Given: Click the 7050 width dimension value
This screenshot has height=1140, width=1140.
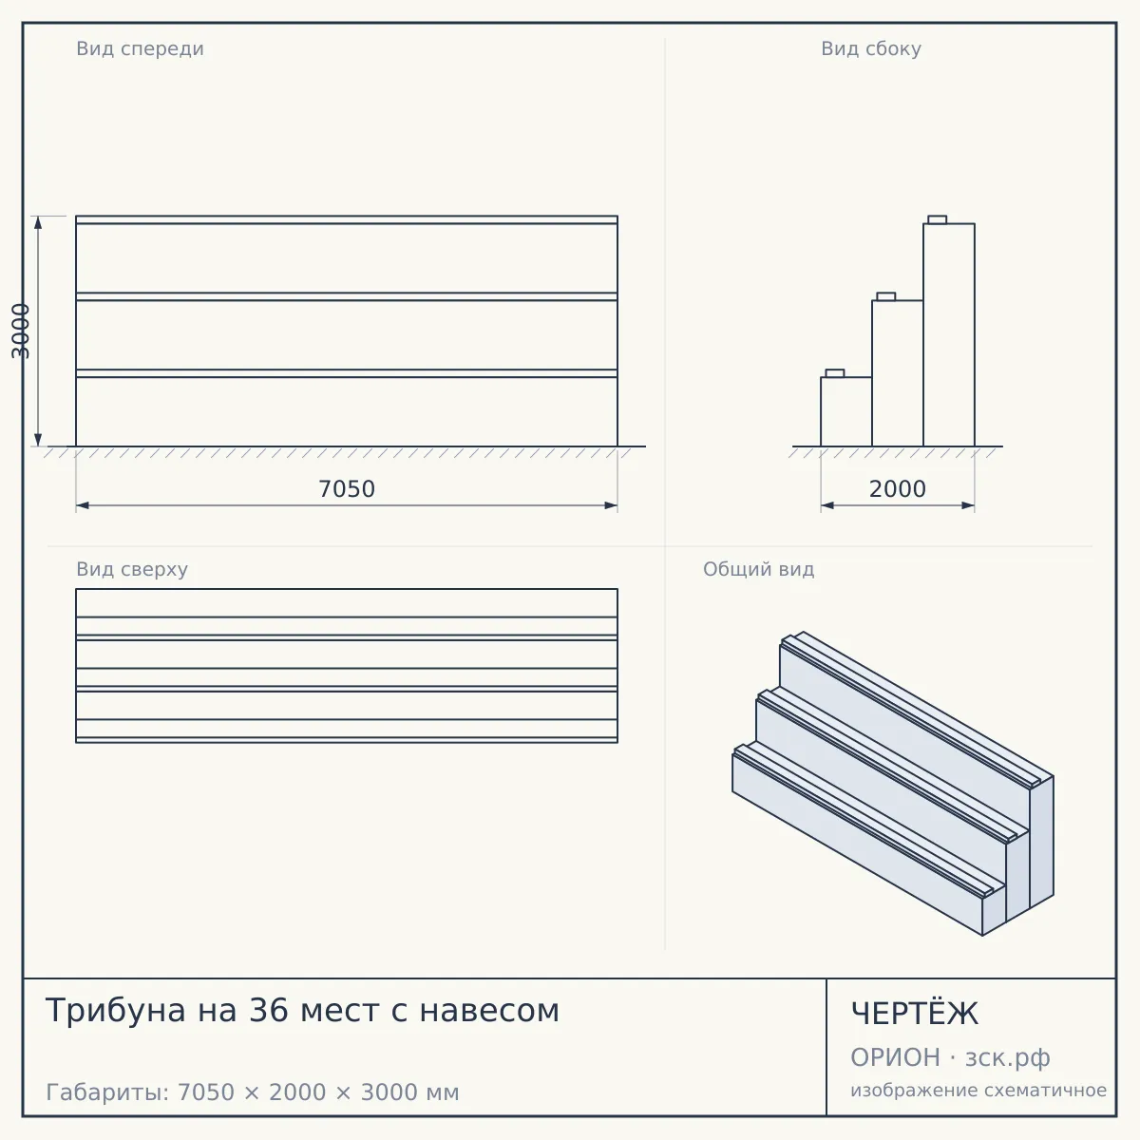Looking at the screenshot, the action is tap(347, 489).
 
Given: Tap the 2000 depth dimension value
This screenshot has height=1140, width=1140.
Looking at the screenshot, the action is tap(898, 489).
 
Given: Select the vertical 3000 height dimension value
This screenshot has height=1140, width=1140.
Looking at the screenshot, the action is tap(21, 332).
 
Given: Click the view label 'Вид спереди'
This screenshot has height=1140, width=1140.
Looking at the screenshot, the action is tap(141, 48).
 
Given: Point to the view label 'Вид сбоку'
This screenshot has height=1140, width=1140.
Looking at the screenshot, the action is tap(871, 48).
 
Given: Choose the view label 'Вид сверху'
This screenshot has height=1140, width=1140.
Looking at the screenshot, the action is tap(132, 569).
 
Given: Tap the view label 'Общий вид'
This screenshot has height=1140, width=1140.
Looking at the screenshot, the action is tap(758, 569).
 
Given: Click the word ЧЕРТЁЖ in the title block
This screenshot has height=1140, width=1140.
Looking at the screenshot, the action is tap(915, 1014).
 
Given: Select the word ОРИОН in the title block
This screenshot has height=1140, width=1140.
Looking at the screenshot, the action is tap(895, 1057).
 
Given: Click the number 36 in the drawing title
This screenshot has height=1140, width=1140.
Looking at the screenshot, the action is tap(267, 1011).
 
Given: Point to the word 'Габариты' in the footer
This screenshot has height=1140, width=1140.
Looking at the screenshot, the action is tap(107, 1092).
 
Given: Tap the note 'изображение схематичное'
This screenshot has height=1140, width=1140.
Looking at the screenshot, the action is tap(978, 1091).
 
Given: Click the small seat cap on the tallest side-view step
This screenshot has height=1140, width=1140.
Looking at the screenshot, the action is tap(937, 219).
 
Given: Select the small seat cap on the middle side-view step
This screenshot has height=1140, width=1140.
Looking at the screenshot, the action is tap(885, 296).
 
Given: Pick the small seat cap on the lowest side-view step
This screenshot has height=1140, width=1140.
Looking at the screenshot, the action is tap(835, 373).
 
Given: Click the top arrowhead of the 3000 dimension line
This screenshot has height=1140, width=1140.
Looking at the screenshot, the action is tap(38, 222).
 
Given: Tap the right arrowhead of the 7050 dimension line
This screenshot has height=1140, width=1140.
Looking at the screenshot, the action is tap(611, 505).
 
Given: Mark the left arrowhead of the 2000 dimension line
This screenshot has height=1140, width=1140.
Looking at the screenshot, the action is tap(827, 505).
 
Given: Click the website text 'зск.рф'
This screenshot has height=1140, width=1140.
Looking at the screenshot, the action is tap(1008, 1058).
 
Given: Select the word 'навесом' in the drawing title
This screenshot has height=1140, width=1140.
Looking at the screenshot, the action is tap(490, 1012).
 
